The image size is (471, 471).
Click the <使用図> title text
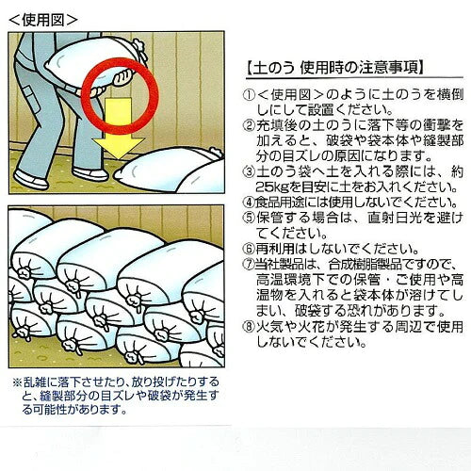tap(43, 20)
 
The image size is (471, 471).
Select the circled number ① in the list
tap(249, 96)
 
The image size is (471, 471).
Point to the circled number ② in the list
tap(249, 126)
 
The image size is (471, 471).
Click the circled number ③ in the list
tap(249, 171)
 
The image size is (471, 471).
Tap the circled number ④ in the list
tap(249, 203)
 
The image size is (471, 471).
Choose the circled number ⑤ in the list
tap(249, 218)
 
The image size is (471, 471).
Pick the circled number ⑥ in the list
tap(249, 249)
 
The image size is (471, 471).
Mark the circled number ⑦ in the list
tap(249, 264)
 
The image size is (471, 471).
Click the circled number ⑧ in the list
tap(249, 327)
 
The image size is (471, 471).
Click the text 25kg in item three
tap(273, 187)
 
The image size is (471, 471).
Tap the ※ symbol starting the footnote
tap(17, 382)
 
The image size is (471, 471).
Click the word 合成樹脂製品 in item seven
tap(365, 264)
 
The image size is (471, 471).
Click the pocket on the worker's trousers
tap(33, 99)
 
